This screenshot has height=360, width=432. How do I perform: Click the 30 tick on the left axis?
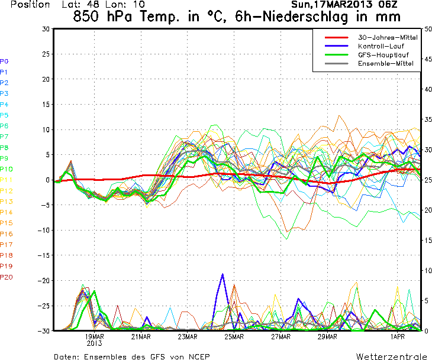click(x=46, y=28)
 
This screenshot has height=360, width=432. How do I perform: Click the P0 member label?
click(x=5, y=61)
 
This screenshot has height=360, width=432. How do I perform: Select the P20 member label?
click(x=7, y=277)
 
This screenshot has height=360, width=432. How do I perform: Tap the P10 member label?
click(x=7, y=168)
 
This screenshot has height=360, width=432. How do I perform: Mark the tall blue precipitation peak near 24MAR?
click(x=223, y=275)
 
